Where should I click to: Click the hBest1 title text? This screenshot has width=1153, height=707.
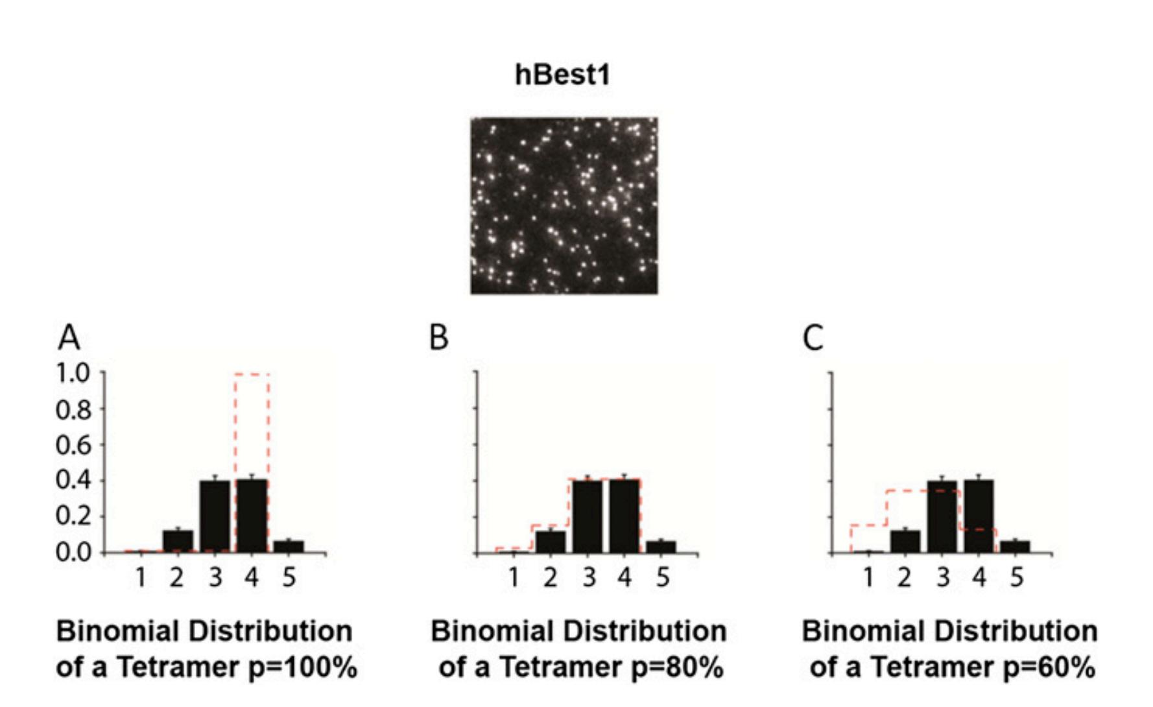coord(562,75)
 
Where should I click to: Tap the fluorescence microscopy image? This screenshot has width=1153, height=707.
coord(564,206)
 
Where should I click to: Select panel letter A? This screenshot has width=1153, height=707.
coord(69,337)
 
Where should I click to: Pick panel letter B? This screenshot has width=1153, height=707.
coord(439,337)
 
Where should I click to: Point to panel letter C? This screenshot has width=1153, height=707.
coord(813,337)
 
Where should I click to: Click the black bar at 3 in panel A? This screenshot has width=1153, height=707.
coord(215,516)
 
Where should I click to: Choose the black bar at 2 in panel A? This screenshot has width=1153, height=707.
coord(178,542)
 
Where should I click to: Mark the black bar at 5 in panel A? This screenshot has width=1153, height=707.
coord(289,546)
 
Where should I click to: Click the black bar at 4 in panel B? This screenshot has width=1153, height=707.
coord(624,516)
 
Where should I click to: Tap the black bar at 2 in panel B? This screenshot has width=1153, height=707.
coord(551,542)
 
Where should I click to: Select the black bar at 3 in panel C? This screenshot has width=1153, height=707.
coord(942,516)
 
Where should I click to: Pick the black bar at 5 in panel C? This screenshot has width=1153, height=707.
coord(1015,546)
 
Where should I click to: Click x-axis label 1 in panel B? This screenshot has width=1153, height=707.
coord(514,577)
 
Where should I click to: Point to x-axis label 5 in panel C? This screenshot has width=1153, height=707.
coord(1016,577)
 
